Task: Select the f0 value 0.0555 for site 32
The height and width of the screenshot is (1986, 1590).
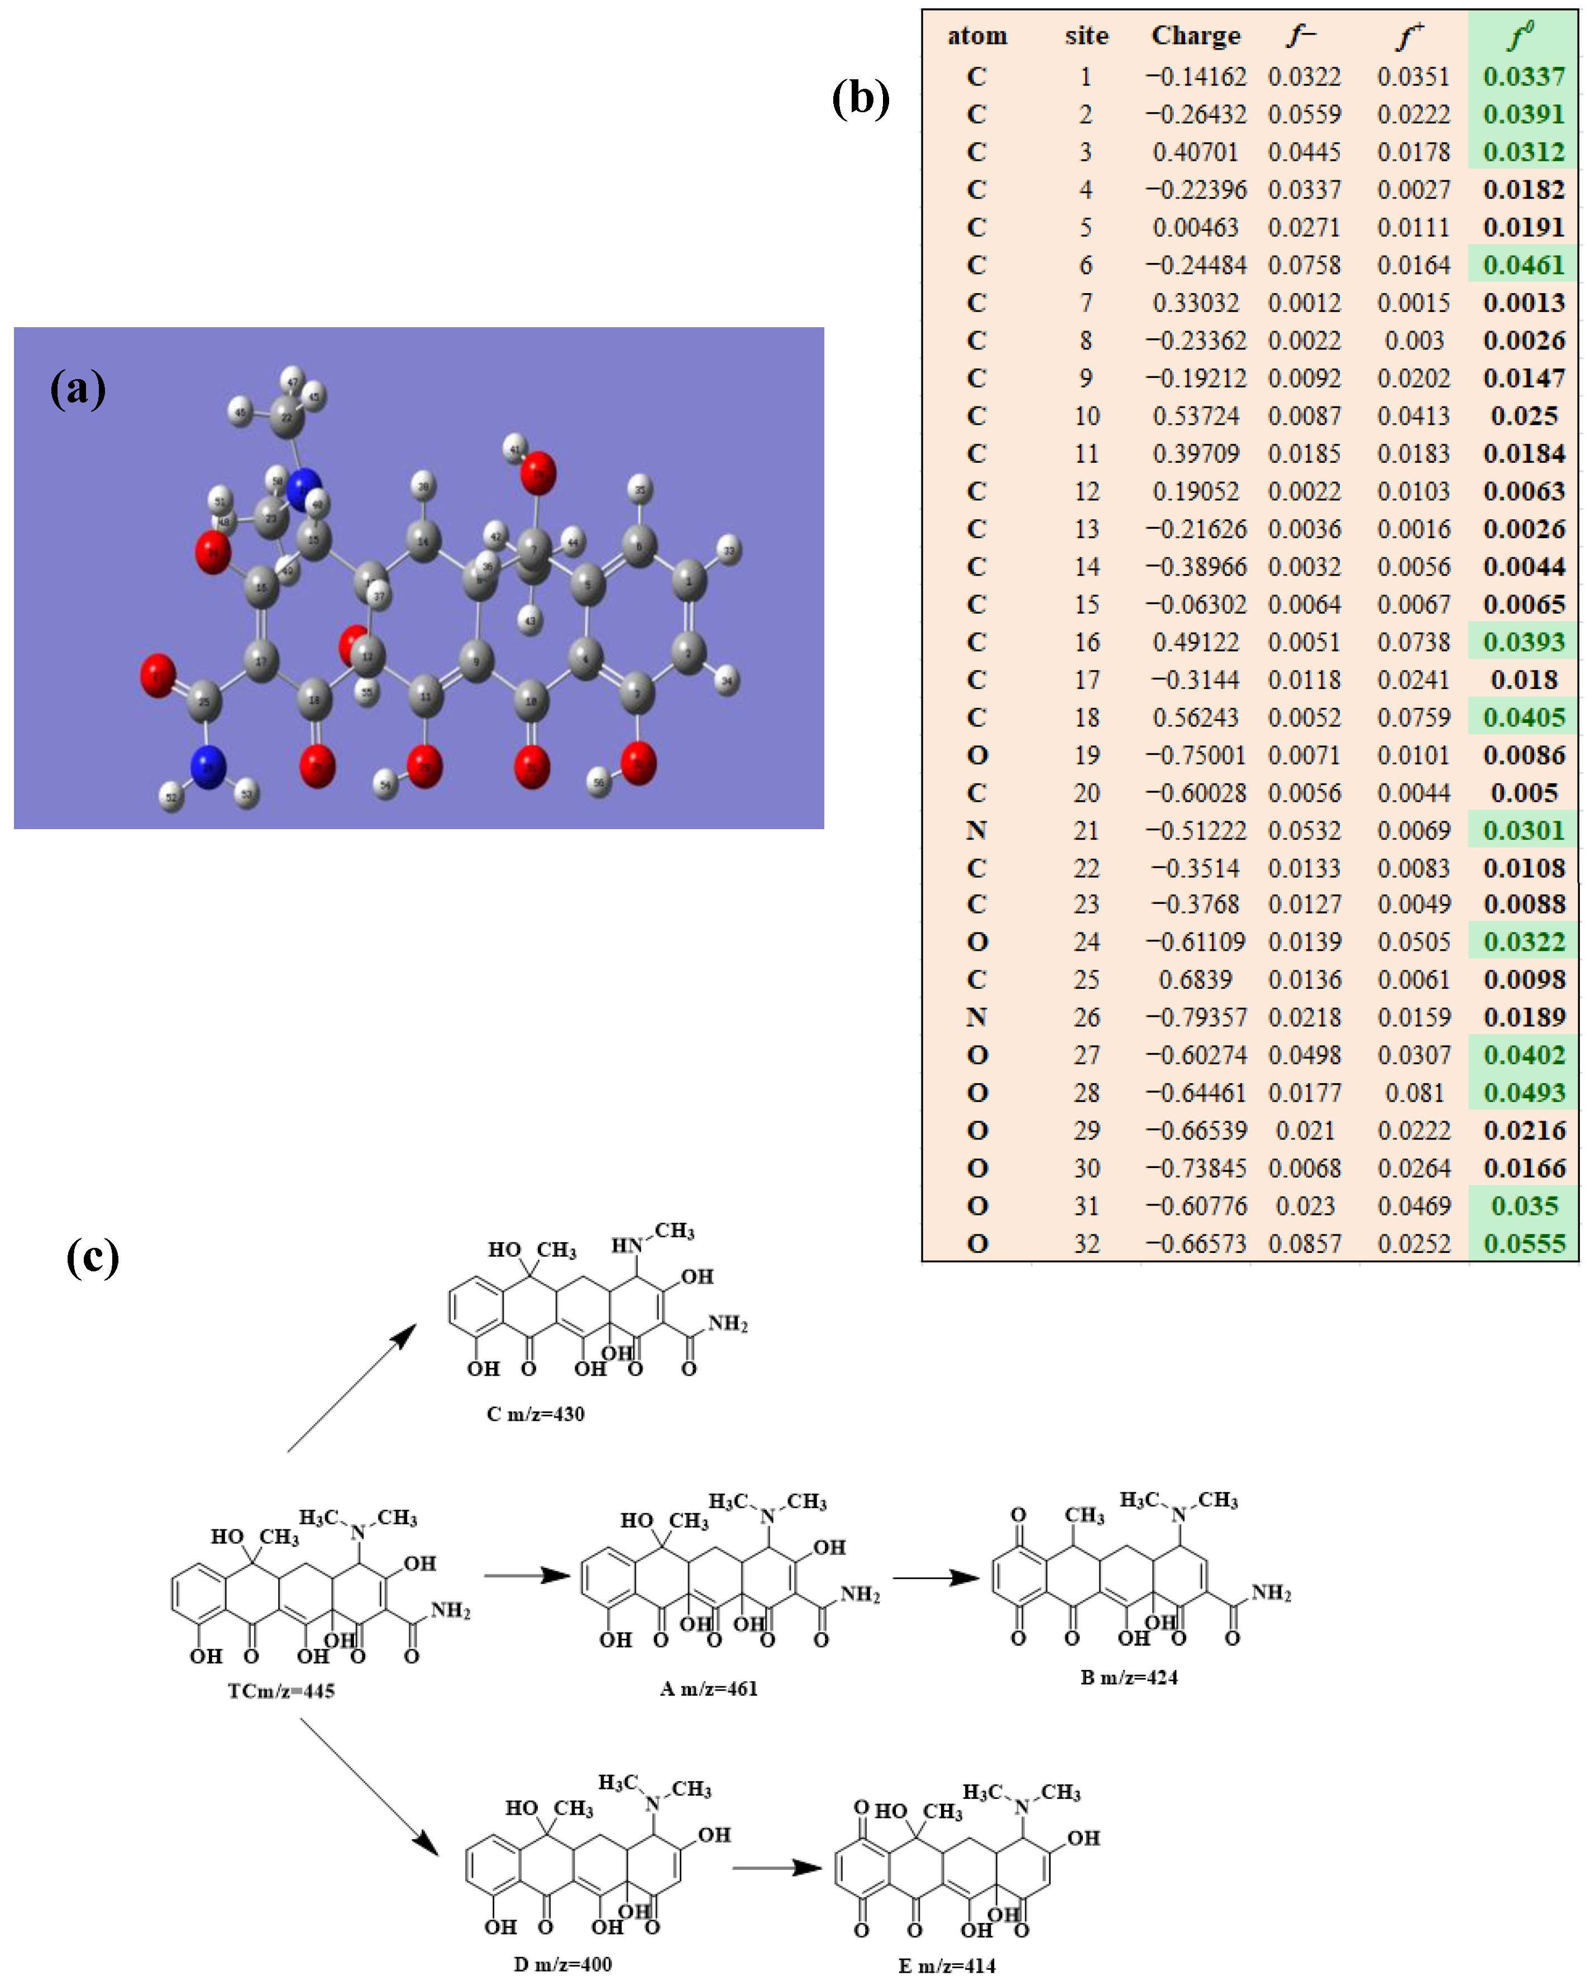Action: point(1523,1243)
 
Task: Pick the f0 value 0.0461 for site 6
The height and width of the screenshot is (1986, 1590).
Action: point(1523,265)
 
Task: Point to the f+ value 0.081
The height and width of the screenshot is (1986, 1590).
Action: point(1414,1093)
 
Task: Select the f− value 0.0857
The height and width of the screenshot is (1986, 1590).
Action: point(1305,1243)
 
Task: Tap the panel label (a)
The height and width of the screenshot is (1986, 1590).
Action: point(78,388)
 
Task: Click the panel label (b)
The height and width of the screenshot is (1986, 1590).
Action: point(861,98)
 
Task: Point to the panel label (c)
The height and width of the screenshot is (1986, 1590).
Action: point(92,1257)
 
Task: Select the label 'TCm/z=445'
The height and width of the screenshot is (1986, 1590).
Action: point(281,1690)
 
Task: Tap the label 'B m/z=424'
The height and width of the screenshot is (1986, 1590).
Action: point(1129,1677)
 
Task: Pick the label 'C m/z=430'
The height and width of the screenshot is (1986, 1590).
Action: point(535,1413)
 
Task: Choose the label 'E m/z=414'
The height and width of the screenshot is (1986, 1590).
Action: point(947,1966)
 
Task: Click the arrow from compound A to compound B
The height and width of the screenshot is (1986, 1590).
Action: point(935,1578)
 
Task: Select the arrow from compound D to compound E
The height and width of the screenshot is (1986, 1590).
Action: point(777,1867)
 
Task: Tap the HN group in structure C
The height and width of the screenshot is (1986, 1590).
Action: point(627,1246)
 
